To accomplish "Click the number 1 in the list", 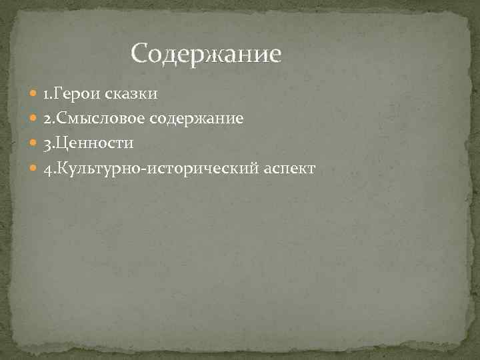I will click(46, 94).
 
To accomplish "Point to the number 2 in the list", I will click(47, 119).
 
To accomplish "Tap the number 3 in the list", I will click(47, 144).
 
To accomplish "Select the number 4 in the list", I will click(47, 169).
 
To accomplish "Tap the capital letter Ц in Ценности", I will click(62, 143).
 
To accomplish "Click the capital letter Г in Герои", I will click(58, 93).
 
